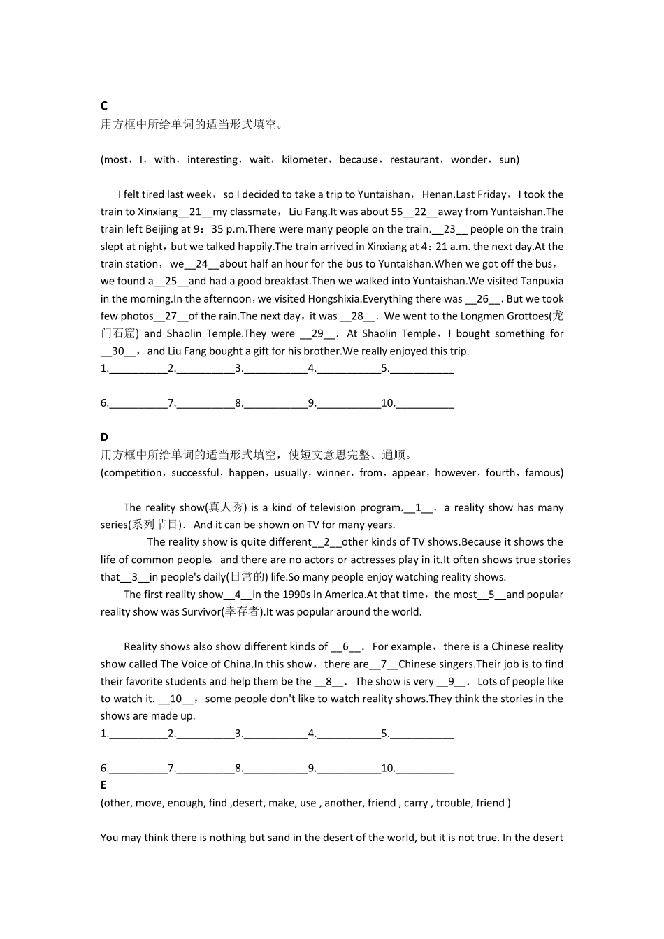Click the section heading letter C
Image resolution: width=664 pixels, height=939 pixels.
(104, 105)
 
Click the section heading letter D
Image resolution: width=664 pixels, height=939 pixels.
(104, 437)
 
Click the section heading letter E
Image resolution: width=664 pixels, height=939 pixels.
(103, 785)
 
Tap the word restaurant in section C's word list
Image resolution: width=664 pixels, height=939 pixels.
(414, 160)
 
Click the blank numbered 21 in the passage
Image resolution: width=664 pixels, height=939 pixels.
(195, 212)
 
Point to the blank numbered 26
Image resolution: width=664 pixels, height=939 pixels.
(482, 299)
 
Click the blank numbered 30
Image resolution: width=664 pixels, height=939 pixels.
(118, 351)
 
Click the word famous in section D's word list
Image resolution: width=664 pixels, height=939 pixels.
(543, 473)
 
